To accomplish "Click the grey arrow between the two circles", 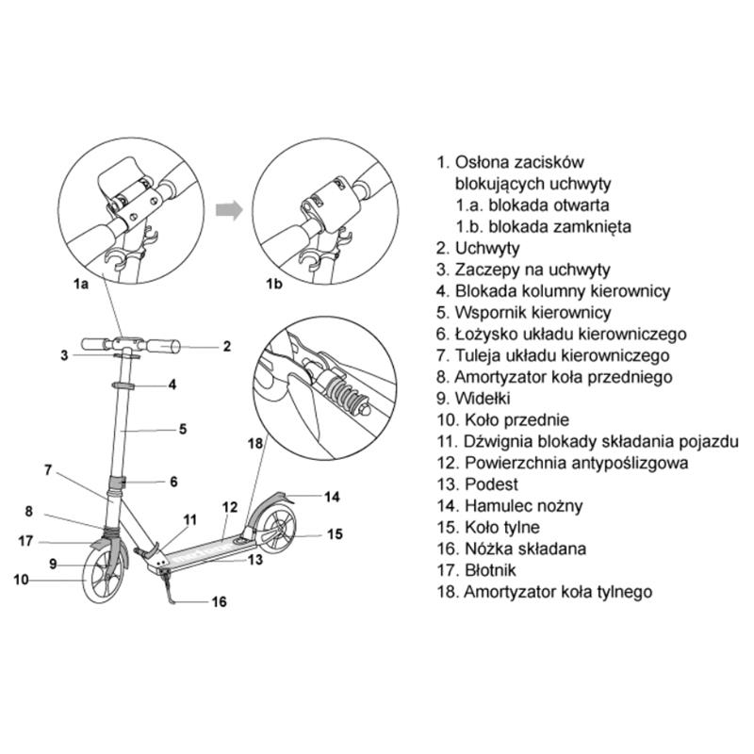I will click(x=226, y=208).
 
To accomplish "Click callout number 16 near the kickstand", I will click(x=219, y=601).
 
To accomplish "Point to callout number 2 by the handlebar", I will click(x=227, y=346).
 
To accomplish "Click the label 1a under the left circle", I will click(x=80, y=282).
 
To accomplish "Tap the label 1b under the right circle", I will click(x=273, y=282).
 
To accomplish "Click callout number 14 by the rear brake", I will click(x=331, y=496).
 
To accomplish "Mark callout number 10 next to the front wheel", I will click(x=21, y=581).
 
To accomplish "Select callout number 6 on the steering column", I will click(x=173, y=481).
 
